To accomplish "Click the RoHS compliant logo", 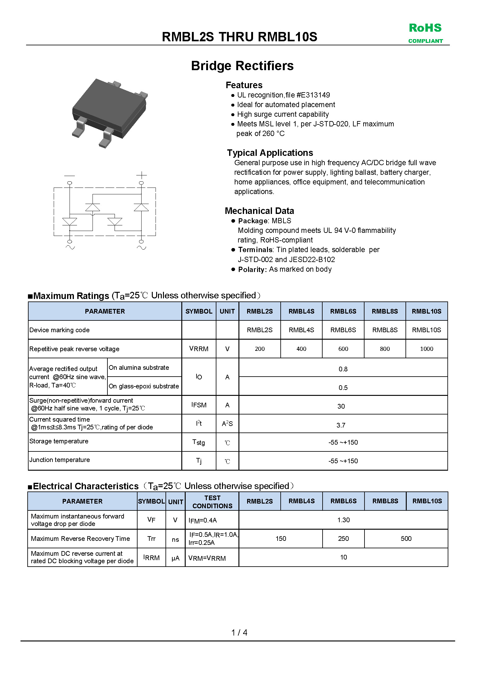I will pyautogui.click(x=425, y=33).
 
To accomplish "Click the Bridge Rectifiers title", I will pyautogui.click(x=242, y=66).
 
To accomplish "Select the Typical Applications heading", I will pyautogui.click(x=270, y=153).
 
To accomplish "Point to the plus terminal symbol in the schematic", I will pyautogui.click(x=141, y=175).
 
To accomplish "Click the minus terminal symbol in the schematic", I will pyautogui.click(x=70, y=176).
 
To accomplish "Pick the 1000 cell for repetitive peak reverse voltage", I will pyautogui.click(x=426, y=349).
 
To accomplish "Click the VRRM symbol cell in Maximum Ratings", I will pyautogui.click(x=199, y=349).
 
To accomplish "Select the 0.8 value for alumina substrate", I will pyautogui.click(x=343, y=369).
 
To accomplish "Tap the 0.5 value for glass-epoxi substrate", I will pyautogui.click(x=343, y=387).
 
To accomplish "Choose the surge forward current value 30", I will pyautogui.click(x=341, y=406).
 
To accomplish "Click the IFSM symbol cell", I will pyautogui.click(x=199, y=405).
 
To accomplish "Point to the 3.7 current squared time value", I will pyautogui.click(x=341, y=425).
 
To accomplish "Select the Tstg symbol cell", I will pyautogui.click(x=199, y=442).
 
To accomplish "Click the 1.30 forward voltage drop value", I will pyautogui.click(x=343, y=520).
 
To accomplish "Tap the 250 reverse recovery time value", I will pyautogui.click(x=343, y=539).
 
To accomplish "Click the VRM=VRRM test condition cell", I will pyautogui.click(x=207, y=558).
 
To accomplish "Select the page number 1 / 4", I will pyautogui.click(x=239, y=632).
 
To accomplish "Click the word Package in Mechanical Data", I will pyautogui.click(x=253, y=221).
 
